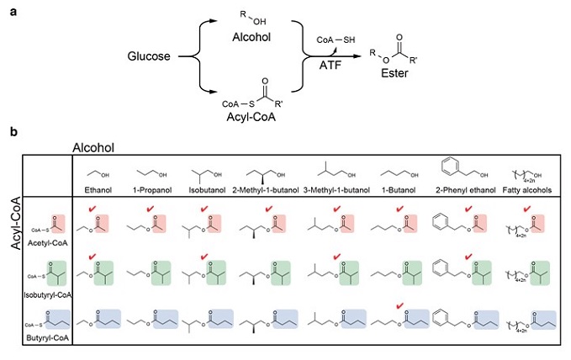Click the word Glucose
point(149,56)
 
